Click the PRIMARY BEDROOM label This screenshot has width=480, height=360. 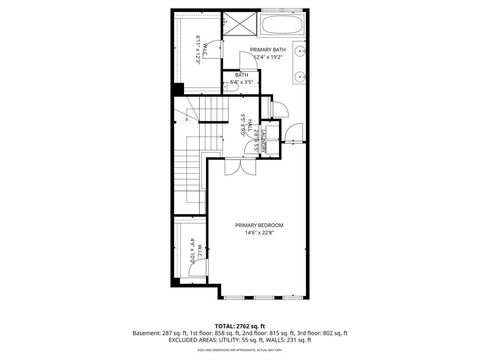click(x=260, y=226)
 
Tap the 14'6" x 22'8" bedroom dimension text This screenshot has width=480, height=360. click(x=260, y=235)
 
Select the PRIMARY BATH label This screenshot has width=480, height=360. click(x=267, y=49)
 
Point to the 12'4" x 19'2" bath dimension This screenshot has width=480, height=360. click(x=268, y=58)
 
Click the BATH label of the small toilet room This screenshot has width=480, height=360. click(x=242, y=74)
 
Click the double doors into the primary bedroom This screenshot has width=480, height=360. click(x=233, y=166)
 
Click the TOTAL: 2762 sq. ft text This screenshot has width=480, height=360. click(x=240, y=324)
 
